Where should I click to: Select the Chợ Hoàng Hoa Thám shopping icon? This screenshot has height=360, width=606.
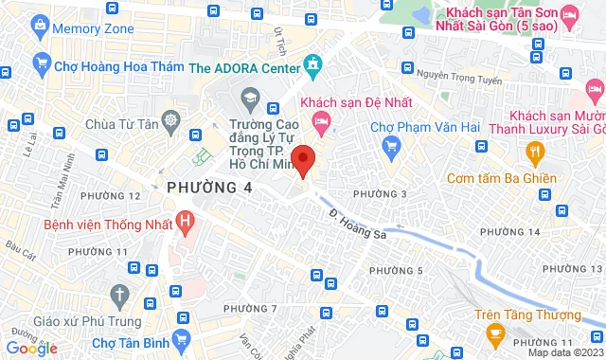(x=41, y=63)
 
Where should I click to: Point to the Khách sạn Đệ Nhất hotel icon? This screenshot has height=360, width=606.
(x=323, y=119)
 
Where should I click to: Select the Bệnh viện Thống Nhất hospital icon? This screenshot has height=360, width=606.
(x=186, y=225)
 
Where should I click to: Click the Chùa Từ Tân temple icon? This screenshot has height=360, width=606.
(x=171, y=120)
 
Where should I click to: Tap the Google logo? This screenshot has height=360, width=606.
(x=31, y=348)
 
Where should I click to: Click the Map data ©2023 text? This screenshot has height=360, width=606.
(x=564, y=352)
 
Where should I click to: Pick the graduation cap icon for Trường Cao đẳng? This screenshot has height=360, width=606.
(x=250, y=98)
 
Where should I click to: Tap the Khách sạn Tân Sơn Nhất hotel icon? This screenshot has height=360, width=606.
(x=569, y=15)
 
